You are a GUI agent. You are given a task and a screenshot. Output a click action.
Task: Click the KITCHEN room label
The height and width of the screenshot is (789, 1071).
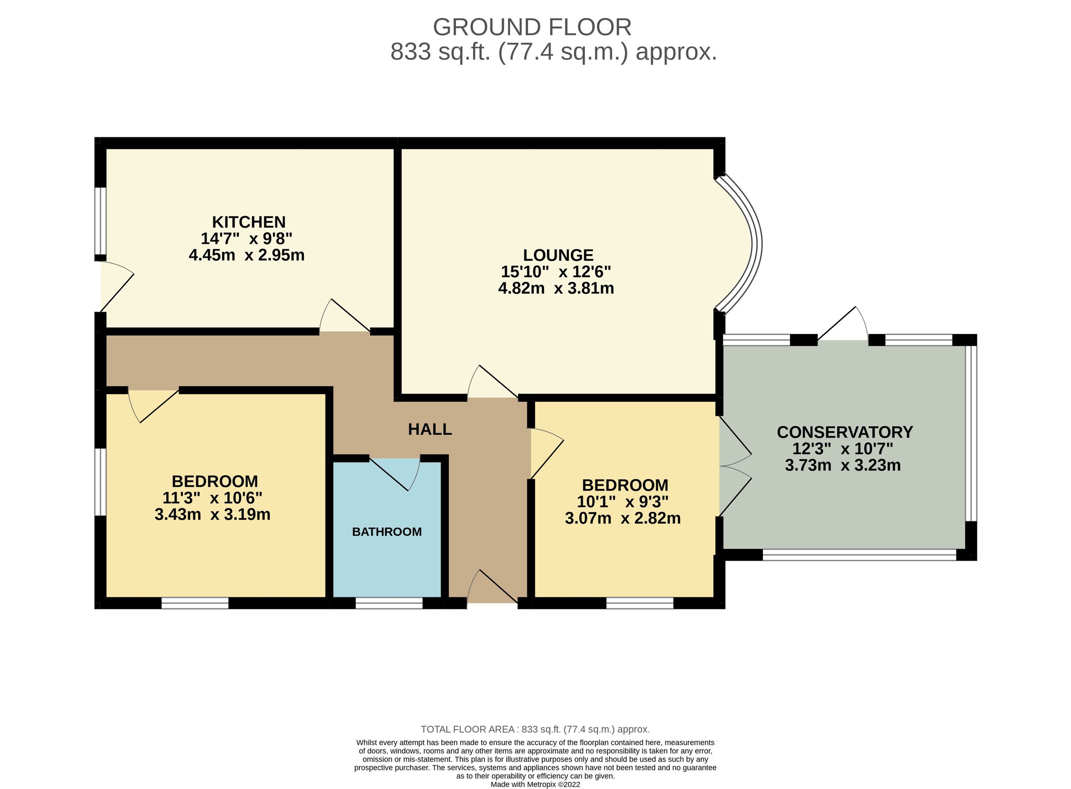tap(249, 222)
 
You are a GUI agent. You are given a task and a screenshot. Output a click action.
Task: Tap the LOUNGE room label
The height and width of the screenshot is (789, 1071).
tap(558, 255)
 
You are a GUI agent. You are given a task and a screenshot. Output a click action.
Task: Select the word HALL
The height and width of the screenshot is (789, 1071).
tap(430, 430)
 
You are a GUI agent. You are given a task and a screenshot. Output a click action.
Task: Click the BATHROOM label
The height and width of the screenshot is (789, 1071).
tap(386, 531)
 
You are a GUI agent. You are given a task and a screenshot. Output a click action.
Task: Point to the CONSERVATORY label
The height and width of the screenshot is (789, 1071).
tap(844, 432)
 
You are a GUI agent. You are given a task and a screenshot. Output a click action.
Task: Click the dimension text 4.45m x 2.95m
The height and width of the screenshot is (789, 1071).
tap(246, 255)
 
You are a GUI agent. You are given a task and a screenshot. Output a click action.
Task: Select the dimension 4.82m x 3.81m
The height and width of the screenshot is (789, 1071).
tap(556, 288)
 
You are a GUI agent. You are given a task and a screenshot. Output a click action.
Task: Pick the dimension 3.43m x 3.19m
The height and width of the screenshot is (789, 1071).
tap(212, 514)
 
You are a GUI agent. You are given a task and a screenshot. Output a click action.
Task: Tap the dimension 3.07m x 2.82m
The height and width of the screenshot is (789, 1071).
tap(623, 518)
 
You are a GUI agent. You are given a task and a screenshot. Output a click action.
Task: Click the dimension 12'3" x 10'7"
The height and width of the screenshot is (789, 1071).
tap(843, 448)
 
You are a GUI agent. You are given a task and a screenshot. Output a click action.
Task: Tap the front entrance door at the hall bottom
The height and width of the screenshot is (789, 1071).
tap(492, 588)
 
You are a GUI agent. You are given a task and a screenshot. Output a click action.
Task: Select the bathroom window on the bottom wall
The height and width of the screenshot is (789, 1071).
tap(389, 603)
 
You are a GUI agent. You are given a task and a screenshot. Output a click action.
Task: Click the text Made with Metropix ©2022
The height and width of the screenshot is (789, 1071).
tap(535, 784)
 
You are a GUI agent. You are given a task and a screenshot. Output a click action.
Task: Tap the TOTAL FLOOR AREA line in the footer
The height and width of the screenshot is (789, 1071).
tap(535, 729)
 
